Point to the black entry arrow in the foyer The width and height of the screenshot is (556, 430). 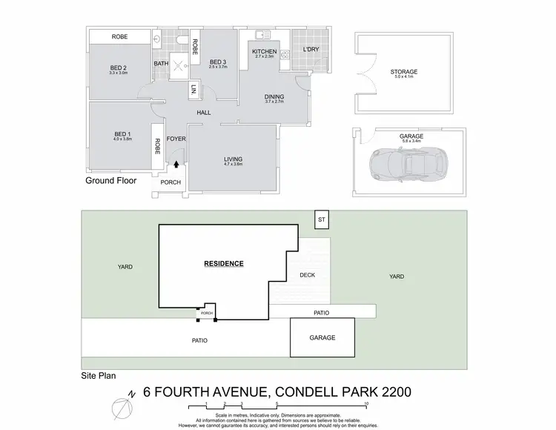click(x=176, y=153)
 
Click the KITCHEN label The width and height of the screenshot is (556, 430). click(x=265, y=52)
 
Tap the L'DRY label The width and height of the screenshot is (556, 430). click(x=310, y=50)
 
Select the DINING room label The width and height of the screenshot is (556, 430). click(x=274, y=97)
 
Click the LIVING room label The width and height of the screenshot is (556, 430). click(x=234, y=159)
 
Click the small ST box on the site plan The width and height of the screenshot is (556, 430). click(x=321, y=220)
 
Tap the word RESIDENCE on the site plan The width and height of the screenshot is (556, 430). click(x=223, y=263)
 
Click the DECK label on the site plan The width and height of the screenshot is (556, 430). click(x=308, y=274)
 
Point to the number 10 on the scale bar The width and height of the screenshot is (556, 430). click(x=366, y=404)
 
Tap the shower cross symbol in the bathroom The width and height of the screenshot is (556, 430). click(x=179, y=64)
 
